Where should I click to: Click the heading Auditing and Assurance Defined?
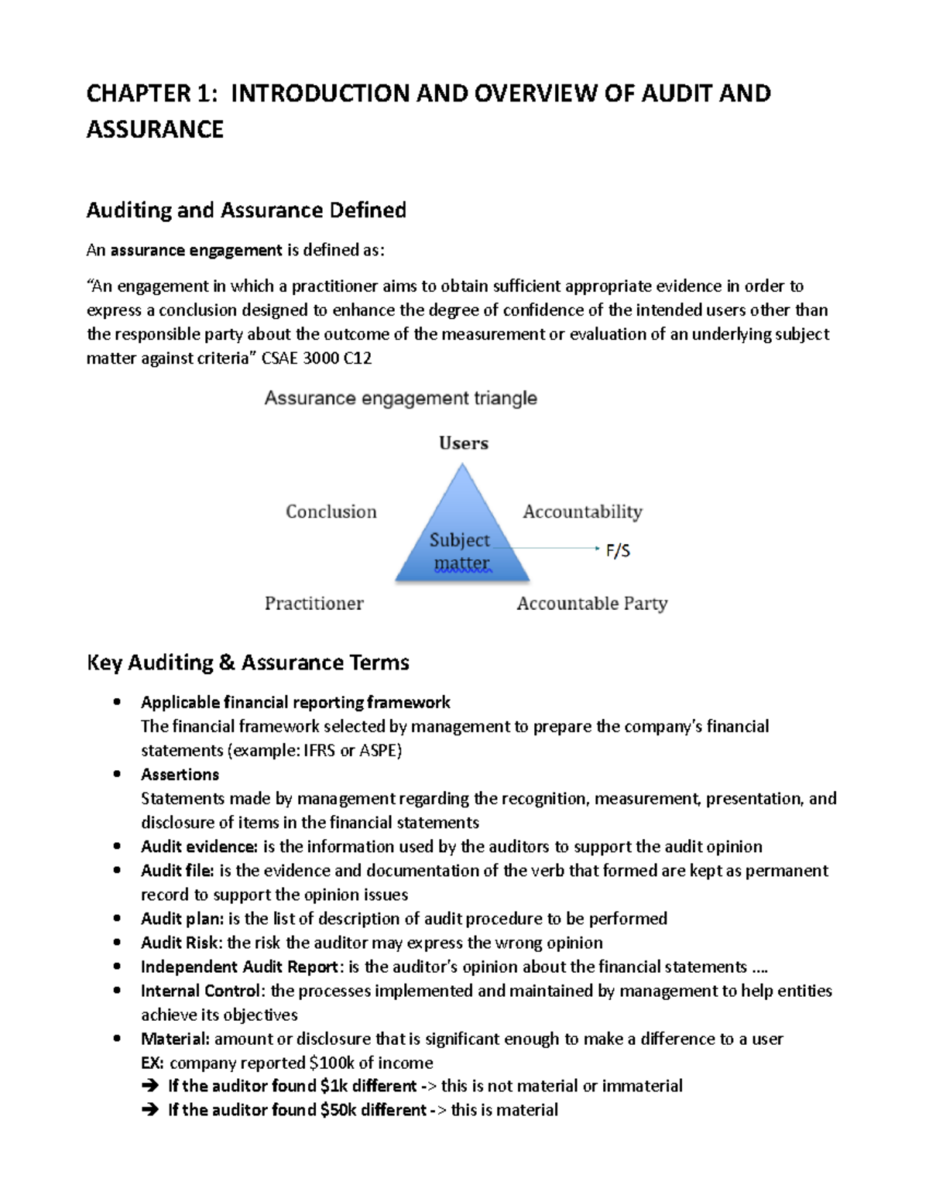click(x=246, y=211)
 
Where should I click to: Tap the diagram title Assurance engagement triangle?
click(x=400, y=399)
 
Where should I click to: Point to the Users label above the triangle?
click(x=463, y=443)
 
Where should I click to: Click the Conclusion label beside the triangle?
click(x=331, y=512)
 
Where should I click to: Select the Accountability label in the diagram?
click(x=582, y=512)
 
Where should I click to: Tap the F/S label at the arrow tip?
click(x=618, y=550)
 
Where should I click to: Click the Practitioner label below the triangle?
click(x=314, y=604)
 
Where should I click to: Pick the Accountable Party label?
click(x=591, y=604)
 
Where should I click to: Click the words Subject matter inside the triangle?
click(x=461, y=551)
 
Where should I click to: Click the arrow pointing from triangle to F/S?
click(x=550, y=548)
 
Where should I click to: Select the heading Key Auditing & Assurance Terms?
click(x=248, y=663)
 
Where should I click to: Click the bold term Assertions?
click(x=180, y=775)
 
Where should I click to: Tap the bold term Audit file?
click(x=177, y=871)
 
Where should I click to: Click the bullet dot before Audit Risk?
click(x=117, y=942)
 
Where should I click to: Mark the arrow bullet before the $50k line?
click(x=150, y=1110)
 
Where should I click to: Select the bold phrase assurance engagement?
click(x=196, y=251)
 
